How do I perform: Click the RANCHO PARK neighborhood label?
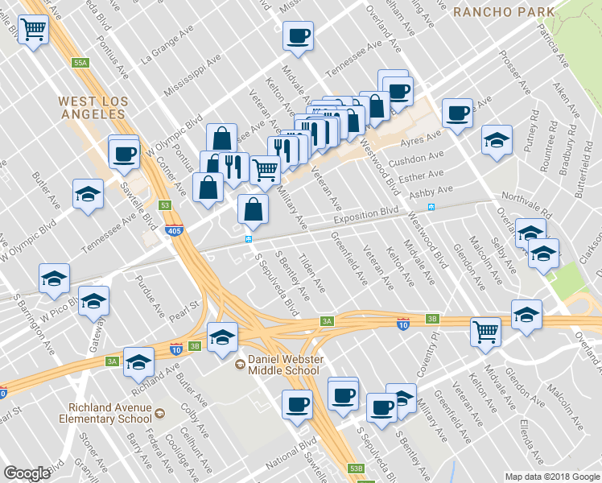(x=503, y=11)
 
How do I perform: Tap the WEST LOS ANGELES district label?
(x=92, y=108)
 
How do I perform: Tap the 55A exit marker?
(x=80, y=62)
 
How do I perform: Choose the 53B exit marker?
(x=357, y=468)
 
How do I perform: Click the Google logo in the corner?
(x=27, y=473)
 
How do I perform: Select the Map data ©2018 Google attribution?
(x=552, y=477)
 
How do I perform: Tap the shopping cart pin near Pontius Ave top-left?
(x=34, y=31)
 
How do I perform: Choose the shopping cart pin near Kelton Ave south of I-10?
(x=485, y=330)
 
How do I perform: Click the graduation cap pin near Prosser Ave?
(x=497, y=139)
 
